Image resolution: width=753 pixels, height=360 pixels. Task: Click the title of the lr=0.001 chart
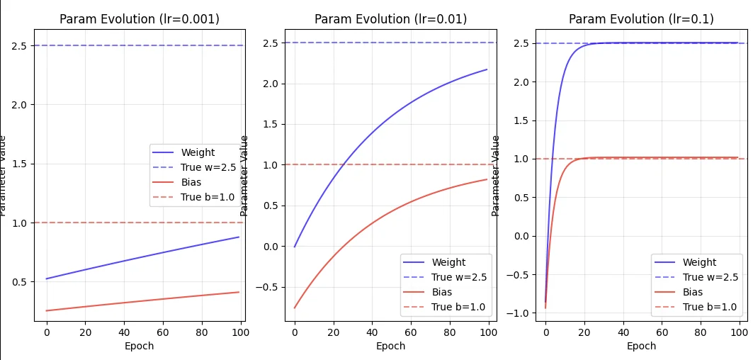pyautogui.click(x=139, y=19)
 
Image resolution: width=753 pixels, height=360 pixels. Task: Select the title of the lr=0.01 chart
pyautogui.click(x=390, y=19)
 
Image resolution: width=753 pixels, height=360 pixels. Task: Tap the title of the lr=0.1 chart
pyautogui.click(x=641, y=19)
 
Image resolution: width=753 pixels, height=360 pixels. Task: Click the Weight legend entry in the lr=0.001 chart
pyautogui.click(x=198, y=152)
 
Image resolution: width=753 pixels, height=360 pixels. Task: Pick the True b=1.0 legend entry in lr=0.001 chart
pyautogui.click(x=208, y=197)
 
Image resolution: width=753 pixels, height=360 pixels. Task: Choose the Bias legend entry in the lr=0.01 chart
pyautogui.click(x=442, y=292)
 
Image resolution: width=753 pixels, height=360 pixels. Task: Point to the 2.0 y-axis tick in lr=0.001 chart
pyautogui.click(x=19, y=105)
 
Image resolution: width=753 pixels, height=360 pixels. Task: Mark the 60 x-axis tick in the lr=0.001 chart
pyautogui.click(x=163, y=332)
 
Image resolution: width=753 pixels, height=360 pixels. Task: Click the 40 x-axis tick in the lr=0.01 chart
pyautogui.click(x=372, y=332)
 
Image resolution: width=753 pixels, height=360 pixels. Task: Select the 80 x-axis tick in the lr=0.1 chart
pyautogui.click(x=701, y=332)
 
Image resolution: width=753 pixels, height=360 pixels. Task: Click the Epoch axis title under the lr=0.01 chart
pyautogui.click(x=390, y=346)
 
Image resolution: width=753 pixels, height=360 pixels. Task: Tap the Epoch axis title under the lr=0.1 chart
pyautogui.click(x=641, y=346)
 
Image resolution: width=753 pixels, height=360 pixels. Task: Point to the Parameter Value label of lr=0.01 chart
pyautogui.click(x=245, y=175)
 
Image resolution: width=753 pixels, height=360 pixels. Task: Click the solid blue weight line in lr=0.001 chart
pyautogui.click(x=142, y=258)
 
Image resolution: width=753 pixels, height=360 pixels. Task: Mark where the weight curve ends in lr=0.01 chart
pyautogui.click(x=487, y=69)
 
